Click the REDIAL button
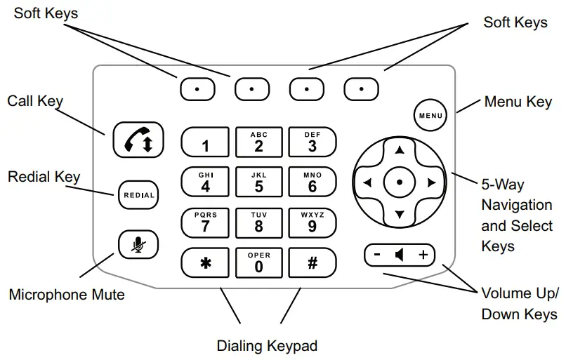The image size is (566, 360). [x=138, y=195]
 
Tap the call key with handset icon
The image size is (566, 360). [x=138, y=140]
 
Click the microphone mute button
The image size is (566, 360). [x=138, y=244]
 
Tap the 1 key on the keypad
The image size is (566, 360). [x=205, y=142]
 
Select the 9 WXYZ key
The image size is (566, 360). [x=312, y=222]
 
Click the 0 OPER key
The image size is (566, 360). [x=258, y=262]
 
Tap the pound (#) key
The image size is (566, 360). [x=312, y=262]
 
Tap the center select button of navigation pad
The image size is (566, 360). [x=399, y=182]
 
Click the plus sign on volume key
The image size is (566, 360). [x=423, y=255]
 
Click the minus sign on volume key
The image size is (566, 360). [x=377, y=255]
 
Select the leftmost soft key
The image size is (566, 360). [x=197, y=88]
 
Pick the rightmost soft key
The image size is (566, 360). [x=361, y=88]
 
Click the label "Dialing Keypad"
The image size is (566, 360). [x=267, y=346]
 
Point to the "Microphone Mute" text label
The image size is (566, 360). [x=67, y=294]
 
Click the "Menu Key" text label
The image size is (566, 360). [x=518, y=102]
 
